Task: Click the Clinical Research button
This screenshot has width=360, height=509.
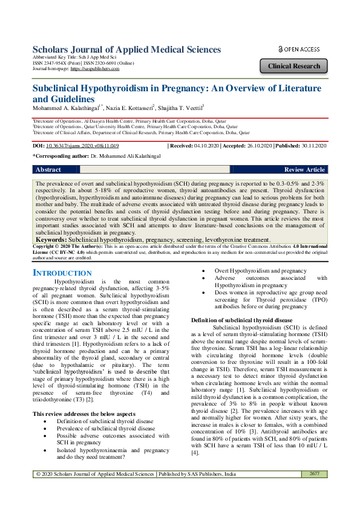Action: (294, 66)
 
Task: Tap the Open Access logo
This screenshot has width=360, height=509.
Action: (299, 49)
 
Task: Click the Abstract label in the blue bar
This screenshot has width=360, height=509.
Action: (48, 170)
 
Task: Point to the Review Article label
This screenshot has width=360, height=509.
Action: (304, 170)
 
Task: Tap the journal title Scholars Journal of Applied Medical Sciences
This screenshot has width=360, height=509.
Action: (126, 50)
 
